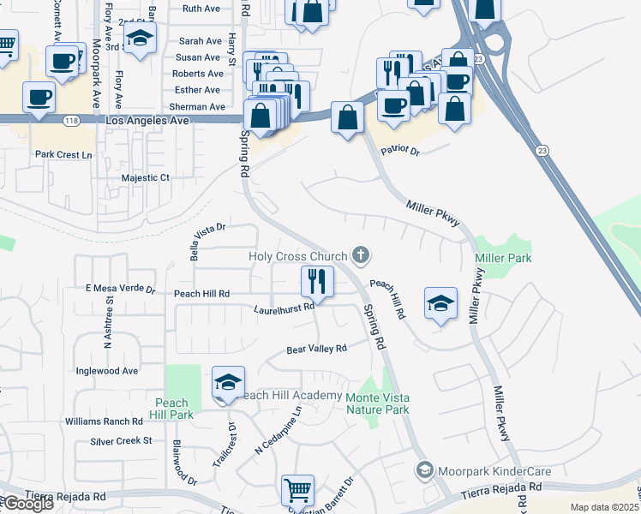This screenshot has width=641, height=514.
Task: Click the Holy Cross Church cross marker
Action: point(362,255)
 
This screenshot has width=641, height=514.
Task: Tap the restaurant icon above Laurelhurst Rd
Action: point(316,279)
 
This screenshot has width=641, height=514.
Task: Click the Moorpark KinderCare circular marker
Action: point(424,470)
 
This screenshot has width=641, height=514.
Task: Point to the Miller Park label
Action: point(503,258)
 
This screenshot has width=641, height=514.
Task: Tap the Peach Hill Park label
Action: point(172,409)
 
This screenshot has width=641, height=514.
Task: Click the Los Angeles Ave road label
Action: point(147,123)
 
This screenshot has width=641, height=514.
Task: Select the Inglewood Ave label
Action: point(107,371)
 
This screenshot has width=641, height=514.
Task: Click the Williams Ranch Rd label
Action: point(104,421)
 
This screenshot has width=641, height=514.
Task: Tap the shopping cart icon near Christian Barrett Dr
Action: point(297,490)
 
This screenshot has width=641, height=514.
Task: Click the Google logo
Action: point(28,505)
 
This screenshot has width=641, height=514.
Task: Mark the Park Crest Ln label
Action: point(63,155)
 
